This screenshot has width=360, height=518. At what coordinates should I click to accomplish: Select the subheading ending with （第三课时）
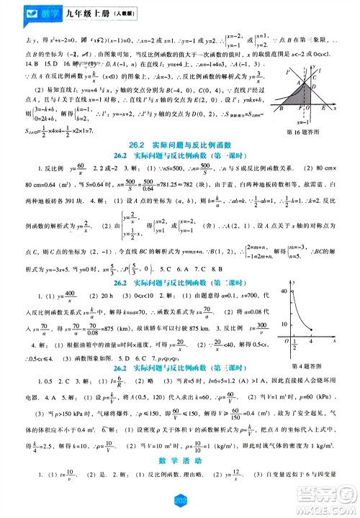tap(180, 368)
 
